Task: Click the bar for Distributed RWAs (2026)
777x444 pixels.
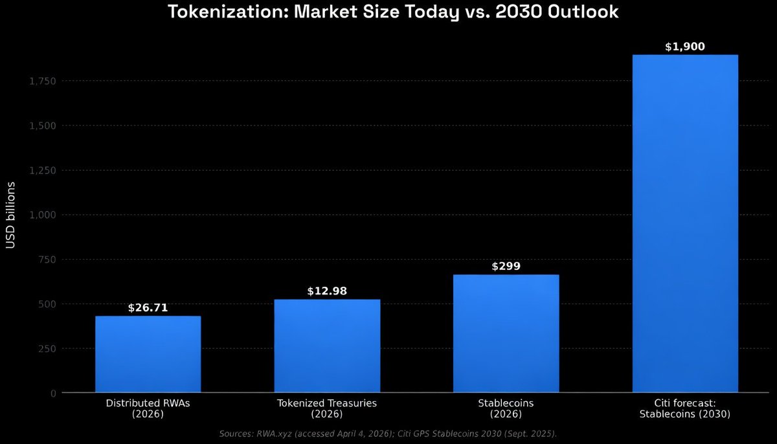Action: tap(148, 354)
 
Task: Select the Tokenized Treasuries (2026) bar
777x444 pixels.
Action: tap(327, 346)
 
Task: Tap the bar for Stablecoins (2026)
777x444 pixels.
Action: tap(506, 333)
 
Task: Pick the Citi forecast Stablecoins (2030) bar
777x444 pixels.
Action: tap(685, 223)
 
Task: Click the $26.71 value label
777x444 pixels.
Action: tap(148, 307)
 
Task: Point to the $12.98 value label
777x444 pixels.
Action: tap(327, 291)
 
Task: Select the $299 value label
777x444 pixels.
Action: tap(506, 266)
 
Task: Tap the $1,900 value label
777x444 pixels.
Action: tap(685, 47)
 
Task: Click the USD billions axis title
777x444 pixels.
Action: tap(11, 215)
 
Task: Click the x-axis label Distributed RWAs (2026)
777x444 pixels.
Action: tap(148, 408)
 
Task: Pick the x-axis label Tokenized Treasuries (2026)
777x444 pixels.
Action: tap(327, 408)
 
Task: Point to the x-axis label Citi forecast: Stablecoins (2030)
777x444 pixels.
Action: tap(685, 408)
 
